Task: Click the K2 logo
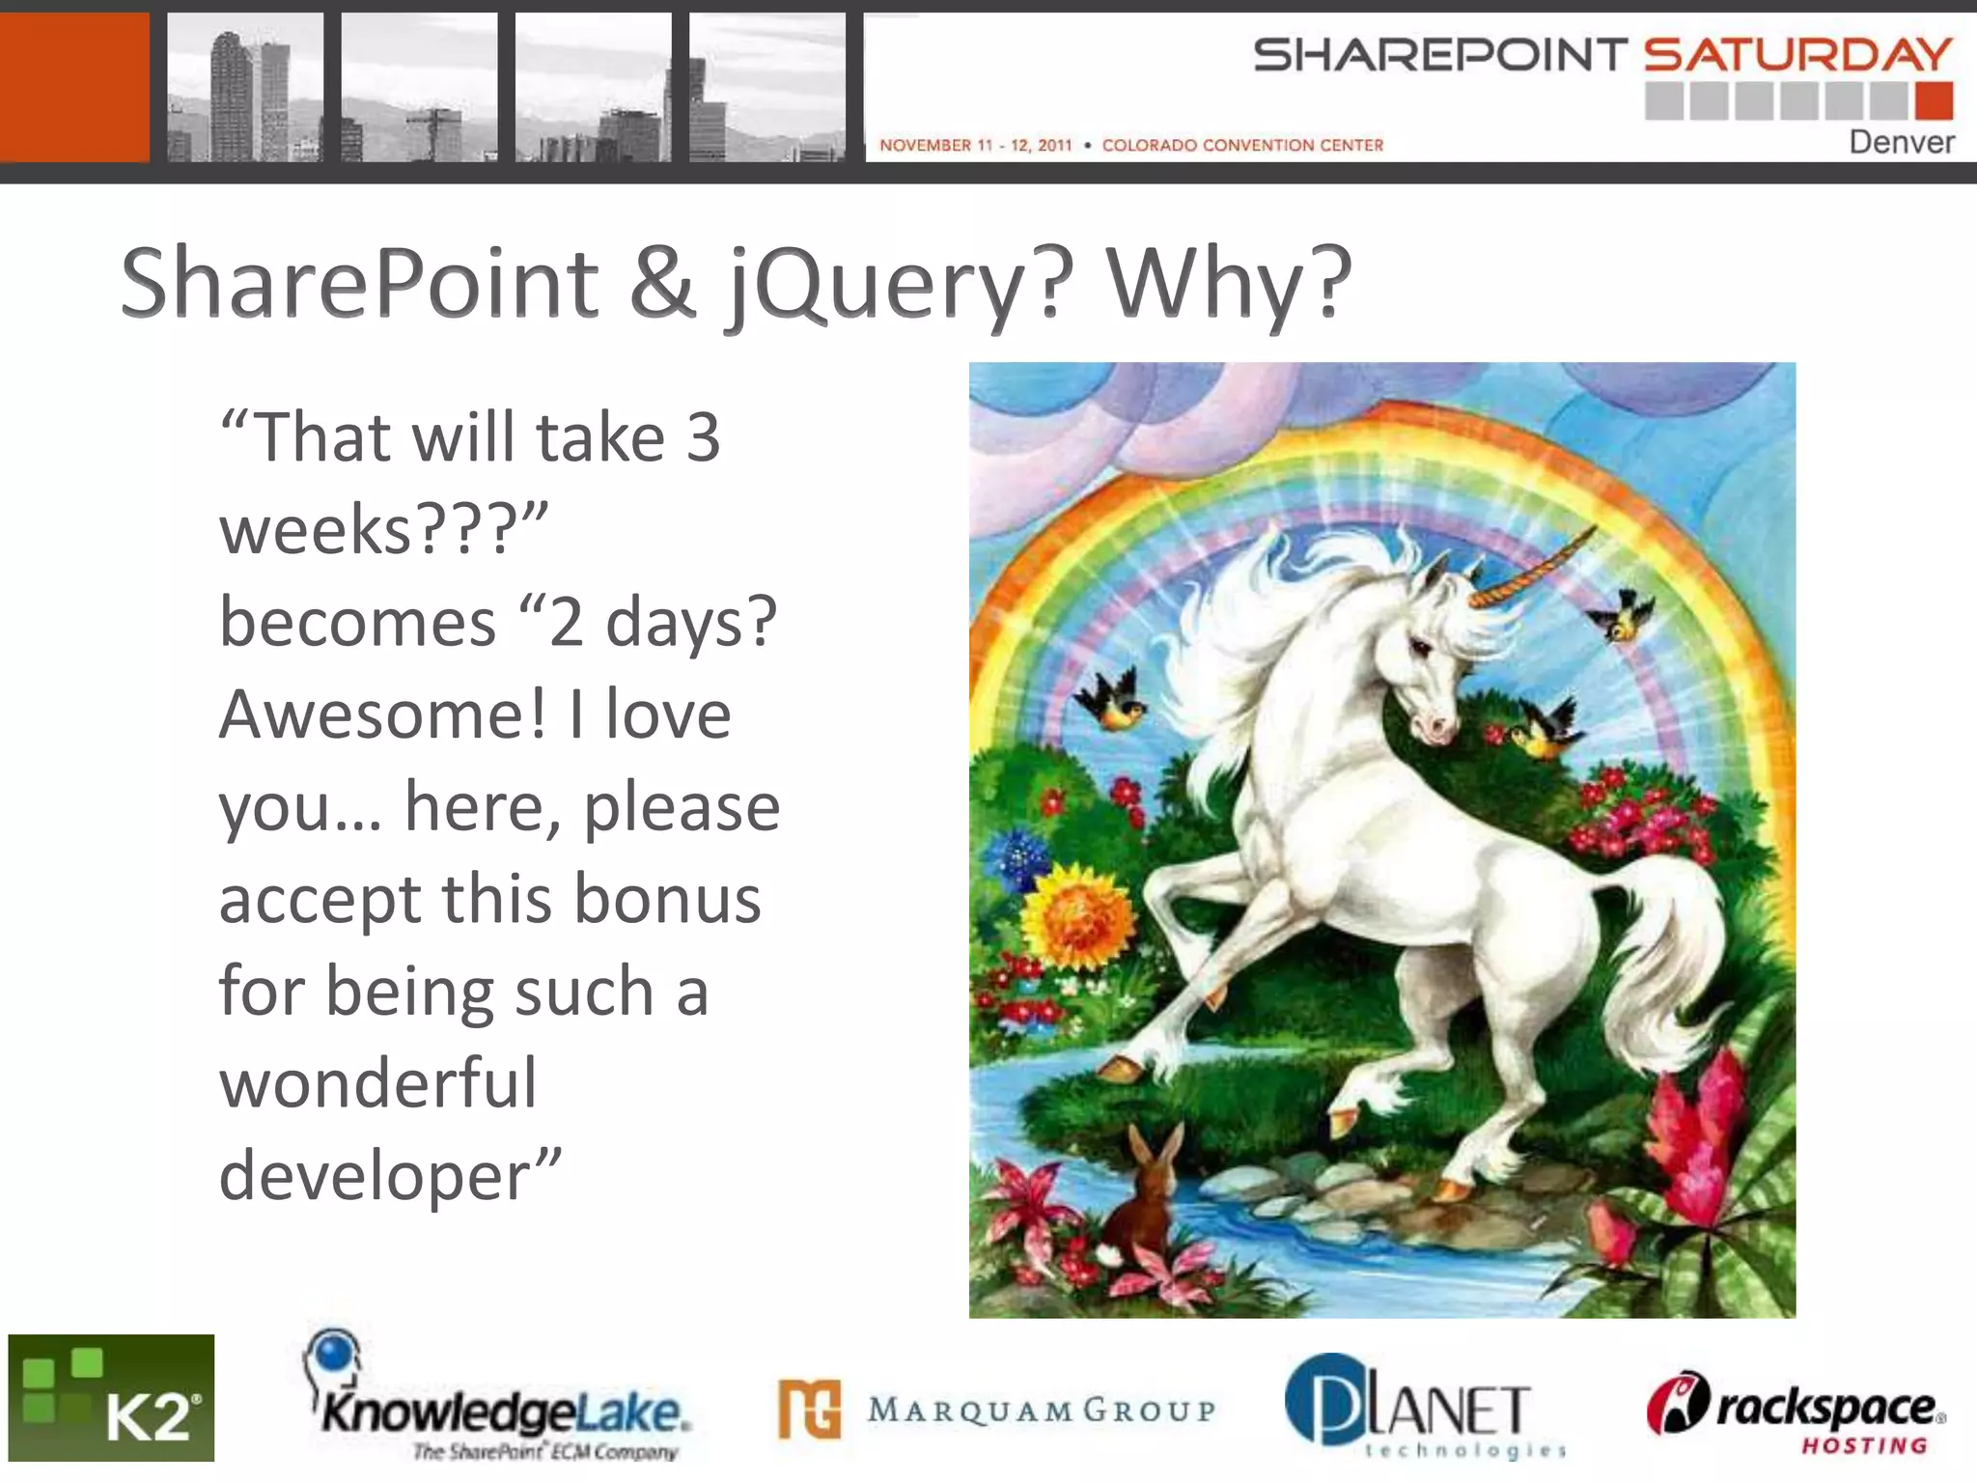(111, 1397)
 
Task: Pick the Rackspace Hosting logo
(1796, 1410)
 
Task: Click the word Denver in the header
(1901, 142)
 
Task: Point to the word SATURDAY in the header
(1797, 55)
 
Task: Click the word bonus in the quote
(667, 898)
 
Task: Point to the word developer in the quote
(376, 1175)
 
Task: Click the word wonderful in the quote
(377, 1083)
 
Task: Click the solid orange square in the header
(74, 87)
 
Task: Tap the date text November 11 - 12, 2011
(975, 146)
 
